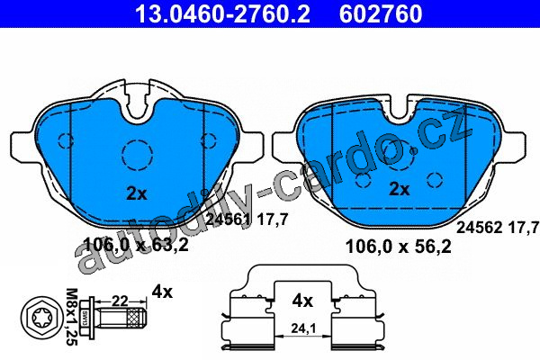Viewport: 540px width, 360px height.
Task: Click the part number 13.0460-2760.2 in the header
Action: coord(222,13)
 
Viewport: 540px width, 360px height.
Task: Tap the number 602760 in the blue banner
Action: coord(381,13)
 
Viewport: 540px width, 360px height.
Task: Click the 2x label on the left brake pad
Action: coord(137,193)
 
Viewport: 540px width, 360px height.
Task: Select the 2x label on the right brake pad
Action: coord(400,189)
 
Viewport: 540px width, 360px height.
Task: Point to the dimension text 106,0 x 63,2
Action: coord(136,245)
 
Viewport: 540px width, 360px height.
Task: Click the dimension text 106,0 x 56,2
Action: coord(398,247)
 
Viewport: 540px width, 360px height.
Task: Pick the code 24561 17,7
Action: coord(247,220)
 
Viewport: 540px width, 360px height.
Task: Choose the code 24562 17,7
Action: coord(498,228)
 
